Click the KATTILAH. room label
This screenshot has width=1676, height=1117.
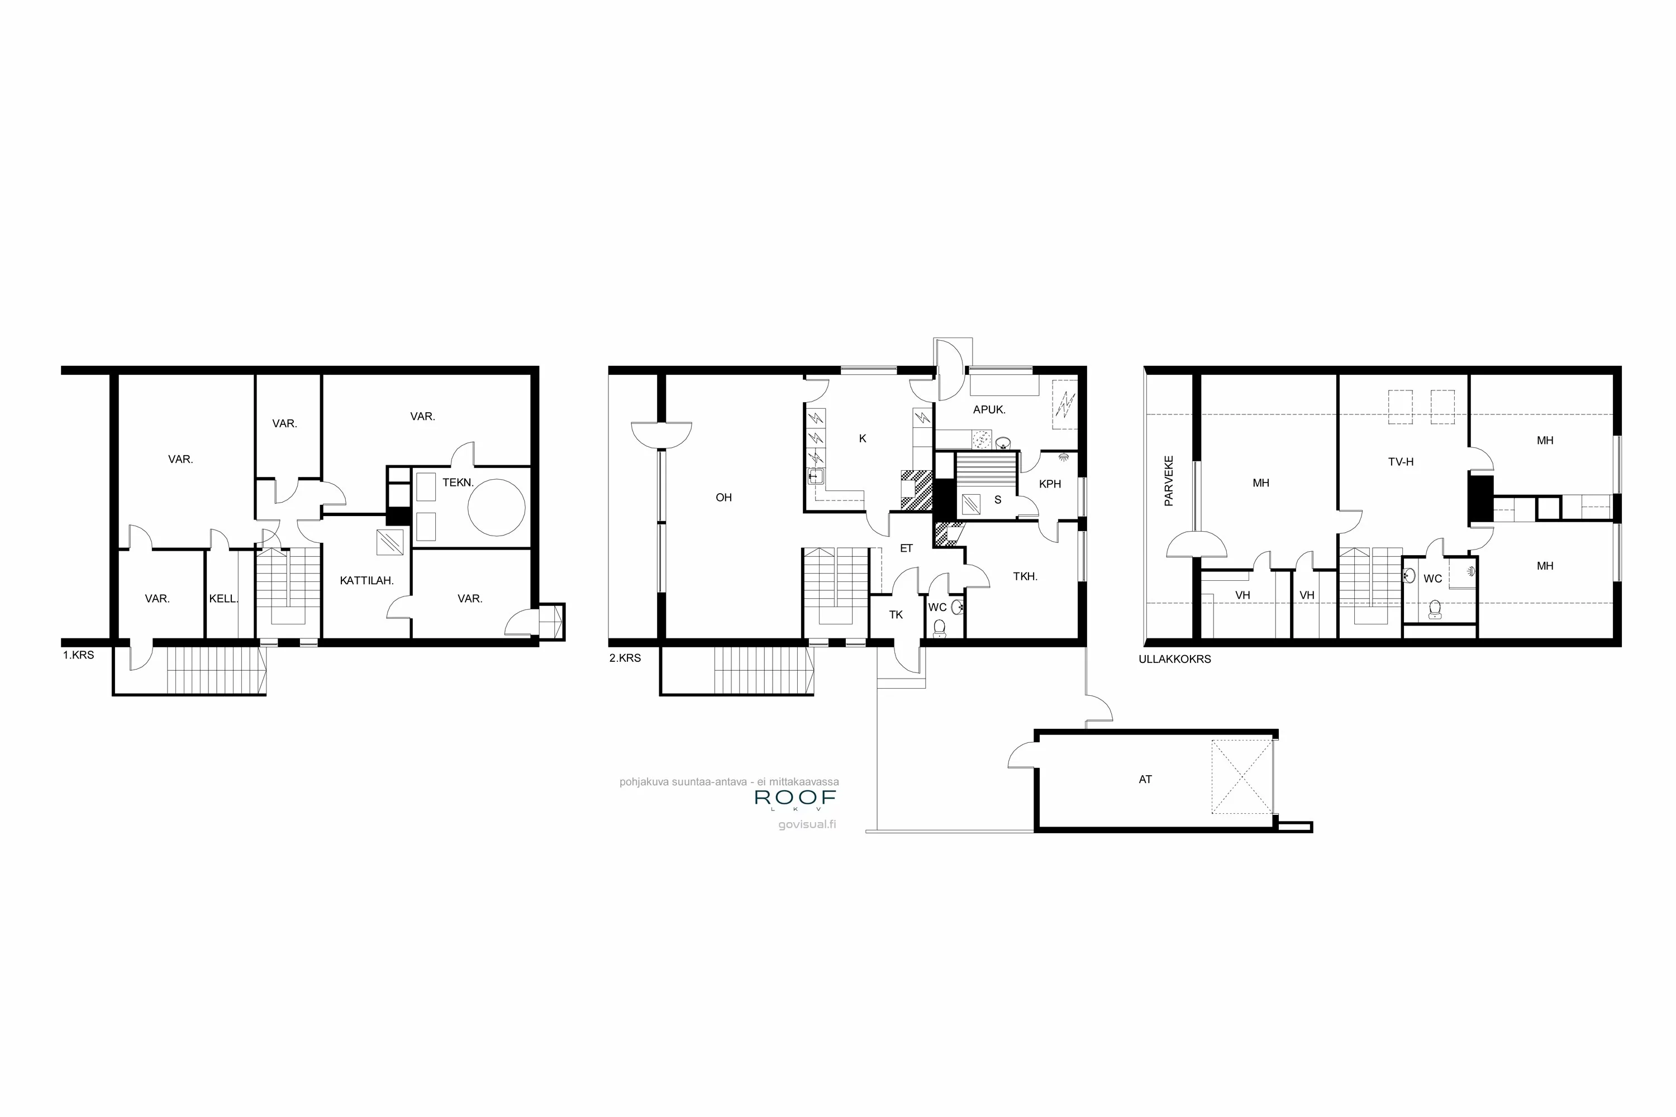366,581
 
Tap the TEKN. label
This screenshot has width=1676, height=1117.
458,483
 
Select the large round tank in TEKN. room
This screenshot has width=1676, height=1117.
496,507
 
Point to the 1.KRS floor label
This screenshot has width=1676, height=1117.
78,655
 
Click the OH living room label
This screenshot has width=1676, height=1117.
723,497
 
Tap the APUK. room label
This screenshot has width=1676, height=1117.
988,409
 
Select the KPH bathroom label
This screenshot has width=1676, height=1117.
1050,484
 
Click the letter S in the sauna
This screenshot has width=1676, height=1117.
998,500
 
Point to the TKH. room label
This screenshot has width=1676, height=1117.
1025,576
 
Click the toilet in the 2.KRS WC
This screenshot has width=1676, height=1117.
939,627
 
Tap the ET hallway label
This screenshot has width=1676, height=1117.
906,548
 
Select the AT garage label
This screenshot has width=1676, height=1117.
1145,779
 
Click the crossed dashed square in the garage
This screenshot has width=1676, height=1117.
1241,776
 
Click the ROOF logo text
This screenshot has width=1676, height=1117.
794,797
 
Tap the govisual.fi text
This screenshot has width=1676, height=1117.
807,825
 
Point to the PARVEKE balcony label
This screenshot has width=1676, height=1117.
1169,481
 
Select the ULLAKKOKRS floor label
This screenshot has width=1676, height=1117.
1174,659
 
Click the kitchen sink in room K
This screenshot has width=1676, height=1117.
816,476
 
